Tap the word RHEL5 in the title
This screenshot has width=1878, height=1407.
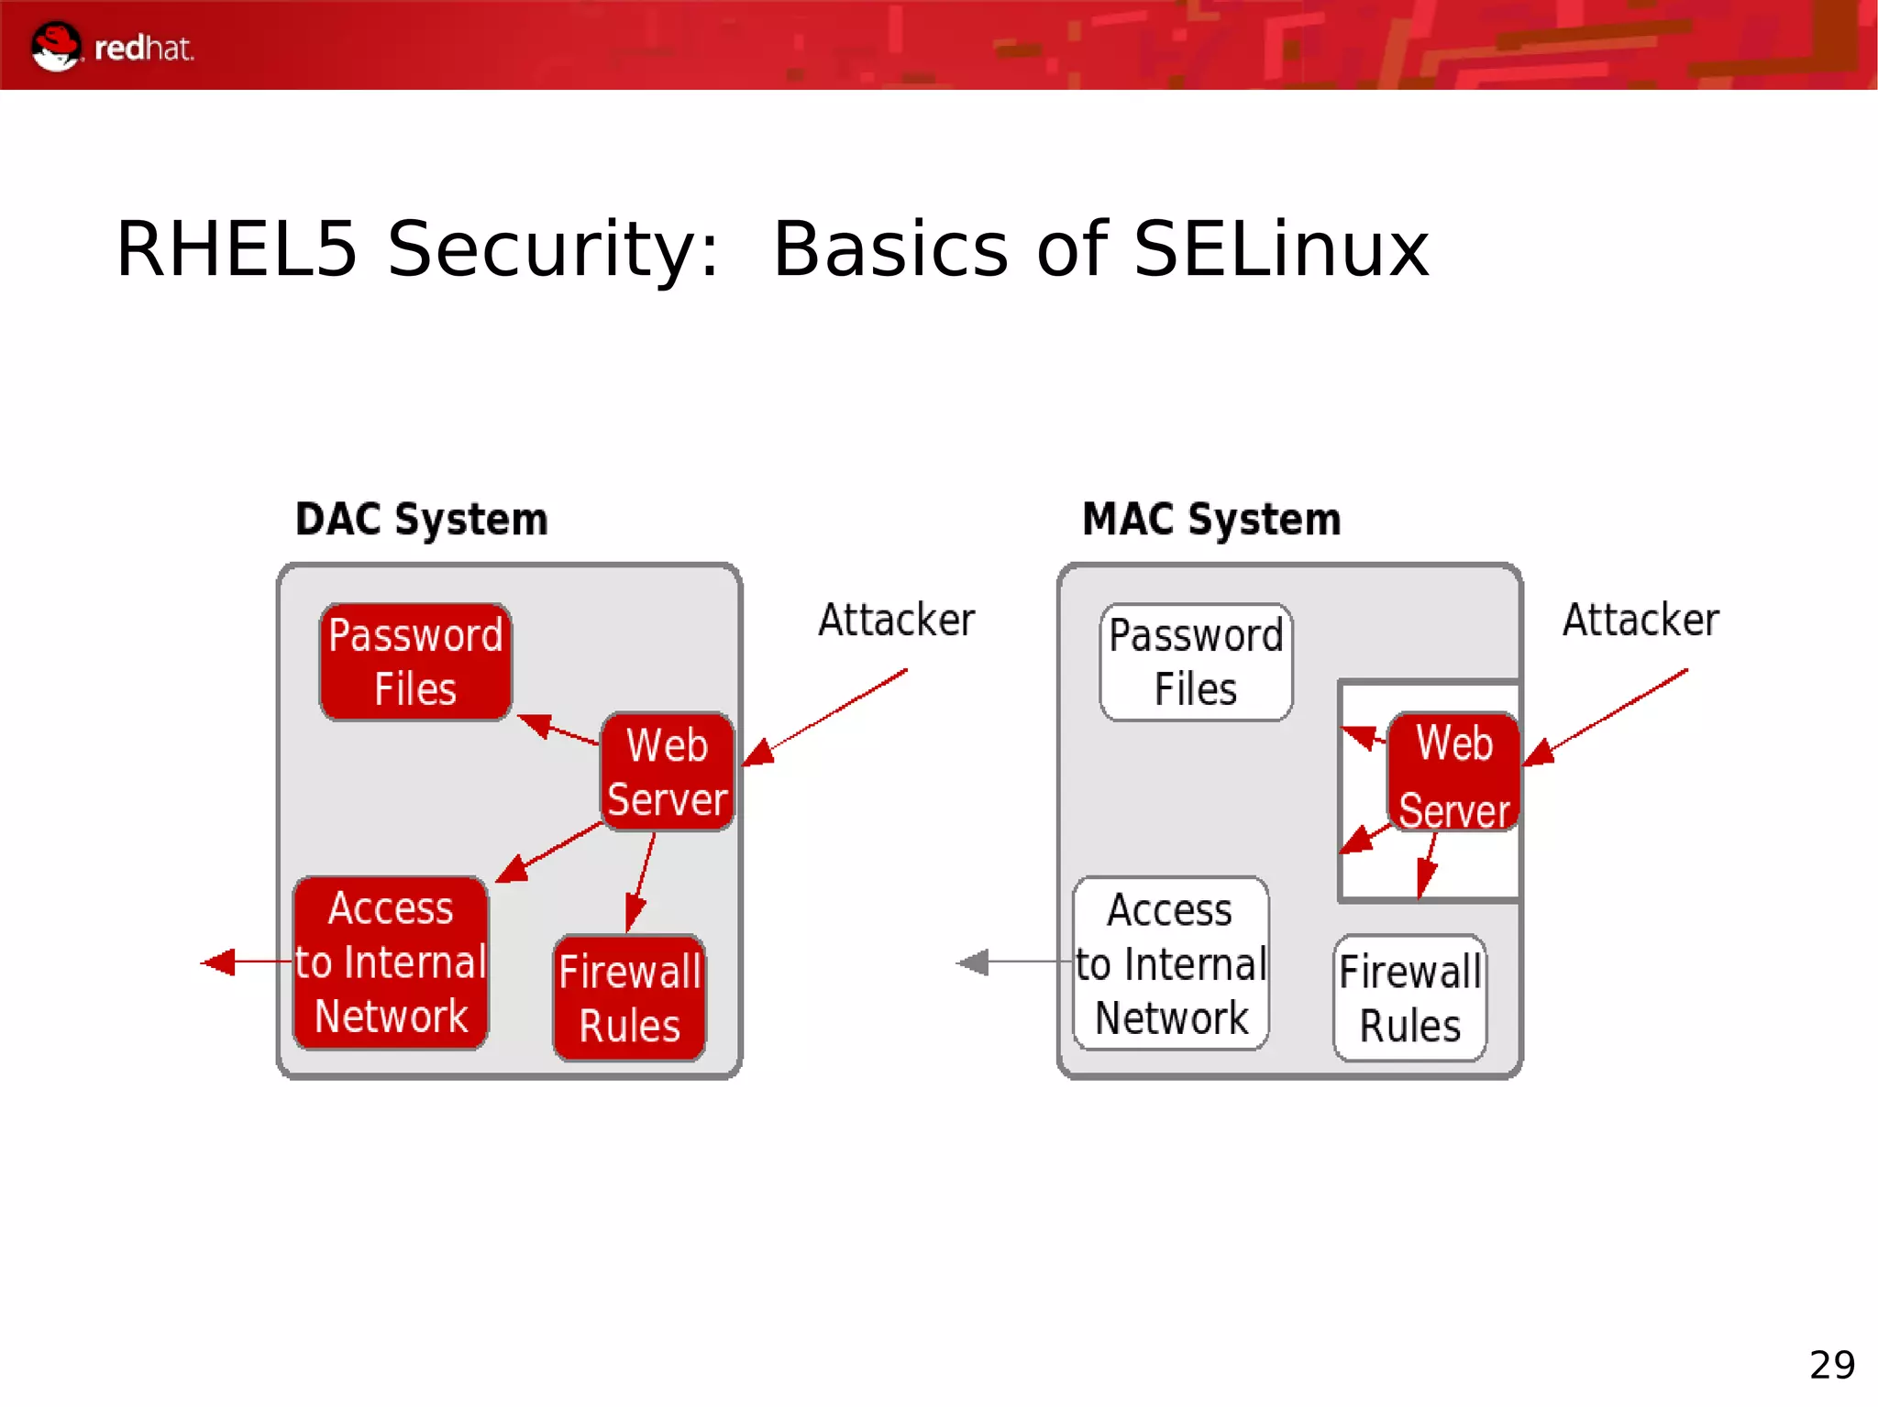237,249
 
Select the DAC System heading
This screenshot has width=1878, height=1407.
421,520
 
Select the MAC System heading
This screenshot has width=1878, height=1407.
1211,520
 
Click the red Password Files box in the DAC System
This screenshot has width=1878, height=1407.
415,662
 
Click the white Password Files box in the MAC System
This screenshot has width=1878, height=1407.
1196,662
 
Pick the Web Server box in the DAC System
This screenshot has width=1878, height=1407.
667,772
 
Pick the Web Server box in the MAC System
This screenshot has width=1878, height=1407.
1453,772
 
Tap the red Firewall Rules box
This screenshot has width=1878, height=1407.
630,998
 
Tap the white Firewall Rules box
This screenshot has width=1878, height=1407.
1409,998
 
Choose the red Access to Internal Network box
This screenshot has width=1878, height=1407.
391,962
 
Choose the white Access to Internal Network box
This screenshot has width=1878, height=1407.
1171,962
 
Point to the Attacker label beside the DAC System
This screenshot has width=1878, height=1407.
896,621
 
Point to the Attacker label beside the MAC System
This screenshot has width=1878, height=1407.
1640,621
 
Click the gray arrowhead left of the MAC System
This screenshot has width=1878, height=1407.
974,962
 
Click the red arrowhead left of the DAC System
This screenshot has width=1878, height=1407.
220,962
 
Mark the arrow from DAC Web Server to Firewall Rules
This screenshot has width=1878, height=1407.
641,881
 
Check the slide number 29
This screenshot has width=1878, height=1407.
1831,1365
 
